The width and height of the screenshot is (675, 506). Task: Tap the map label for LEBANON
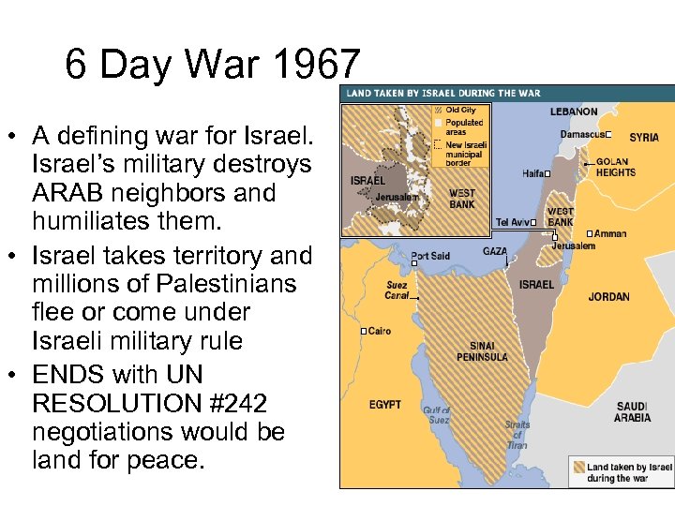[x=573, y=112]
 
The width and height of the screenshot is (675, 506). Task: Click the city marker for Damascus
[x=608, y=134]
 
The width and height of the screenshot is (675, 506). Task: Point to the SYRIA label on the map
[x=644, y=138]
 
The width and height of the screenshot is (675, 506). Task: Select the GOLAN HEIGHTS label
[x=616, y=167]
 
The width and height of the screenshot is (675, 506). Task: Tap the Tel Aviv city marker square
[x=532, y=223]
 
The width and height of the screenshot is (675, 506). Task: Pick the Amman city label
[x=610, y=233]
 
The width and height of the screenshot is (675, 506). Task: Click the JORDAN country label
[x=608, y=297]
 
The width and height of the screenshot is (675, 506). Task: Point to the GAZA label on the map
[x=494, y=252]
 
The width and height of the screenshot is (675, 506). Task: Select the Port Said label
[x=430, y=256]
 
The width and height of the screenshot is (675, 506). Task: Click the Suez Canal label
[x=397, y=290]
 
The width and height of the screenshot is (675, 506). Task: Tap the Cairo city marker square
[x=363, y=332]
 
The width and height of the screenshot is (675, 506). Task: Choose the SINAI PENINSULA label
[x=482, y=350]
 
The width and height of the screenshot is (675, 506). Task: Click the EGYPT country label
[x=384, y=405]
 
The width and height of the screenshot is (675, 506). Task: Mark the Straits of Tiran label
[x=517, y=435]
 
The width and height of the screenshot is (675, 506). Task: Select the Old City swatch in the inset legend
[x=437, y=110]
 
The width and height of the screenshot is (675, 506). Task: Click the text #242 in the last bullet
[x=234, y=404]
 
